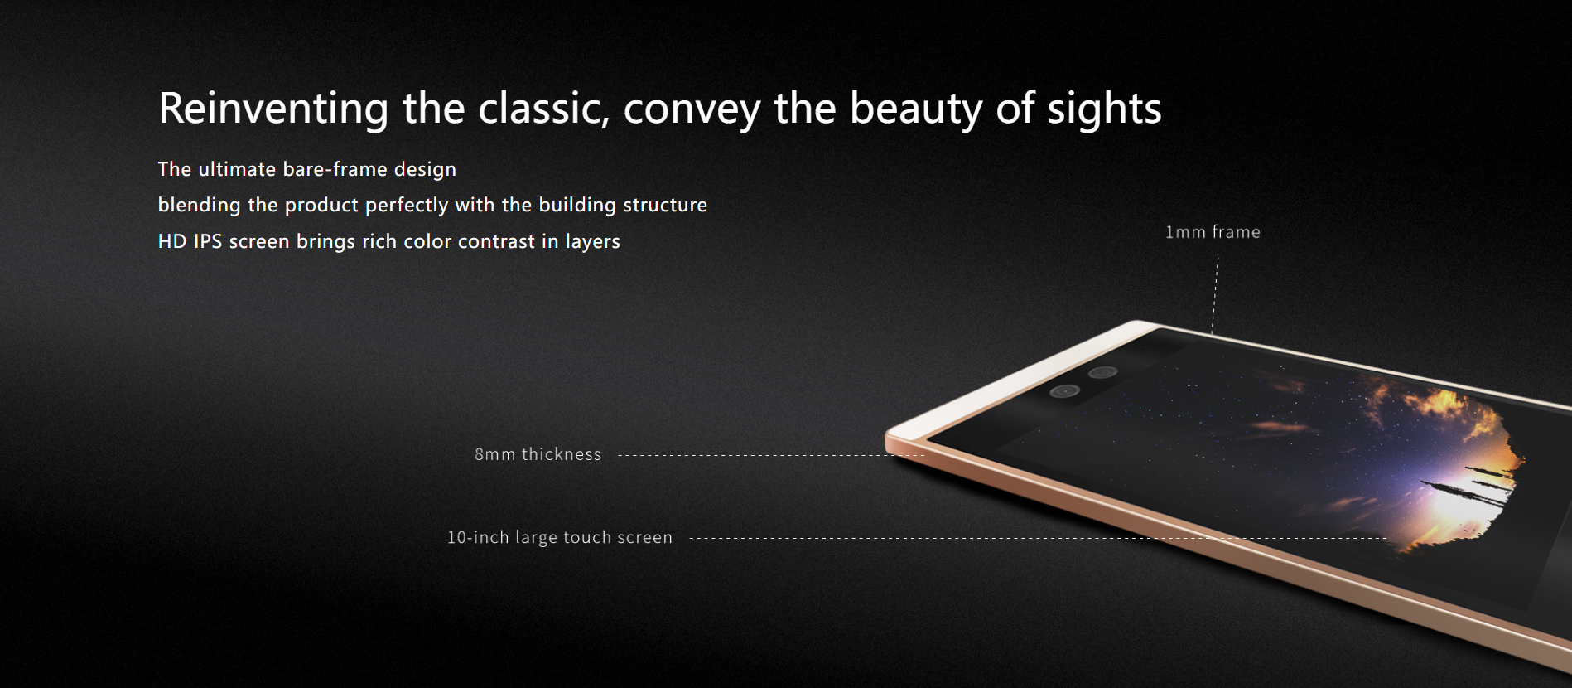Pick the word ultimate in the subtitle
click(x=237, y=169)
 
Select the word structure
click(x=665, y=205)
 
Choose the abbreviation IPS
click(x=208, y=241)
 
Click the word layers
click(x=592, y=242)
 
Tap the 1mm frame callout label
click(x=1213, y=232)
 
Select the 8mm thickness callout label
click(x=538, y=454)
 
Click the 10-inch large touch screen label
click(x=560, y=537)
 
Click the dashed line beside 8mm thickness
click(x=771, y=455)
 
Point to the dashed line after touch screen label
click(x=1038, y=538)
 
